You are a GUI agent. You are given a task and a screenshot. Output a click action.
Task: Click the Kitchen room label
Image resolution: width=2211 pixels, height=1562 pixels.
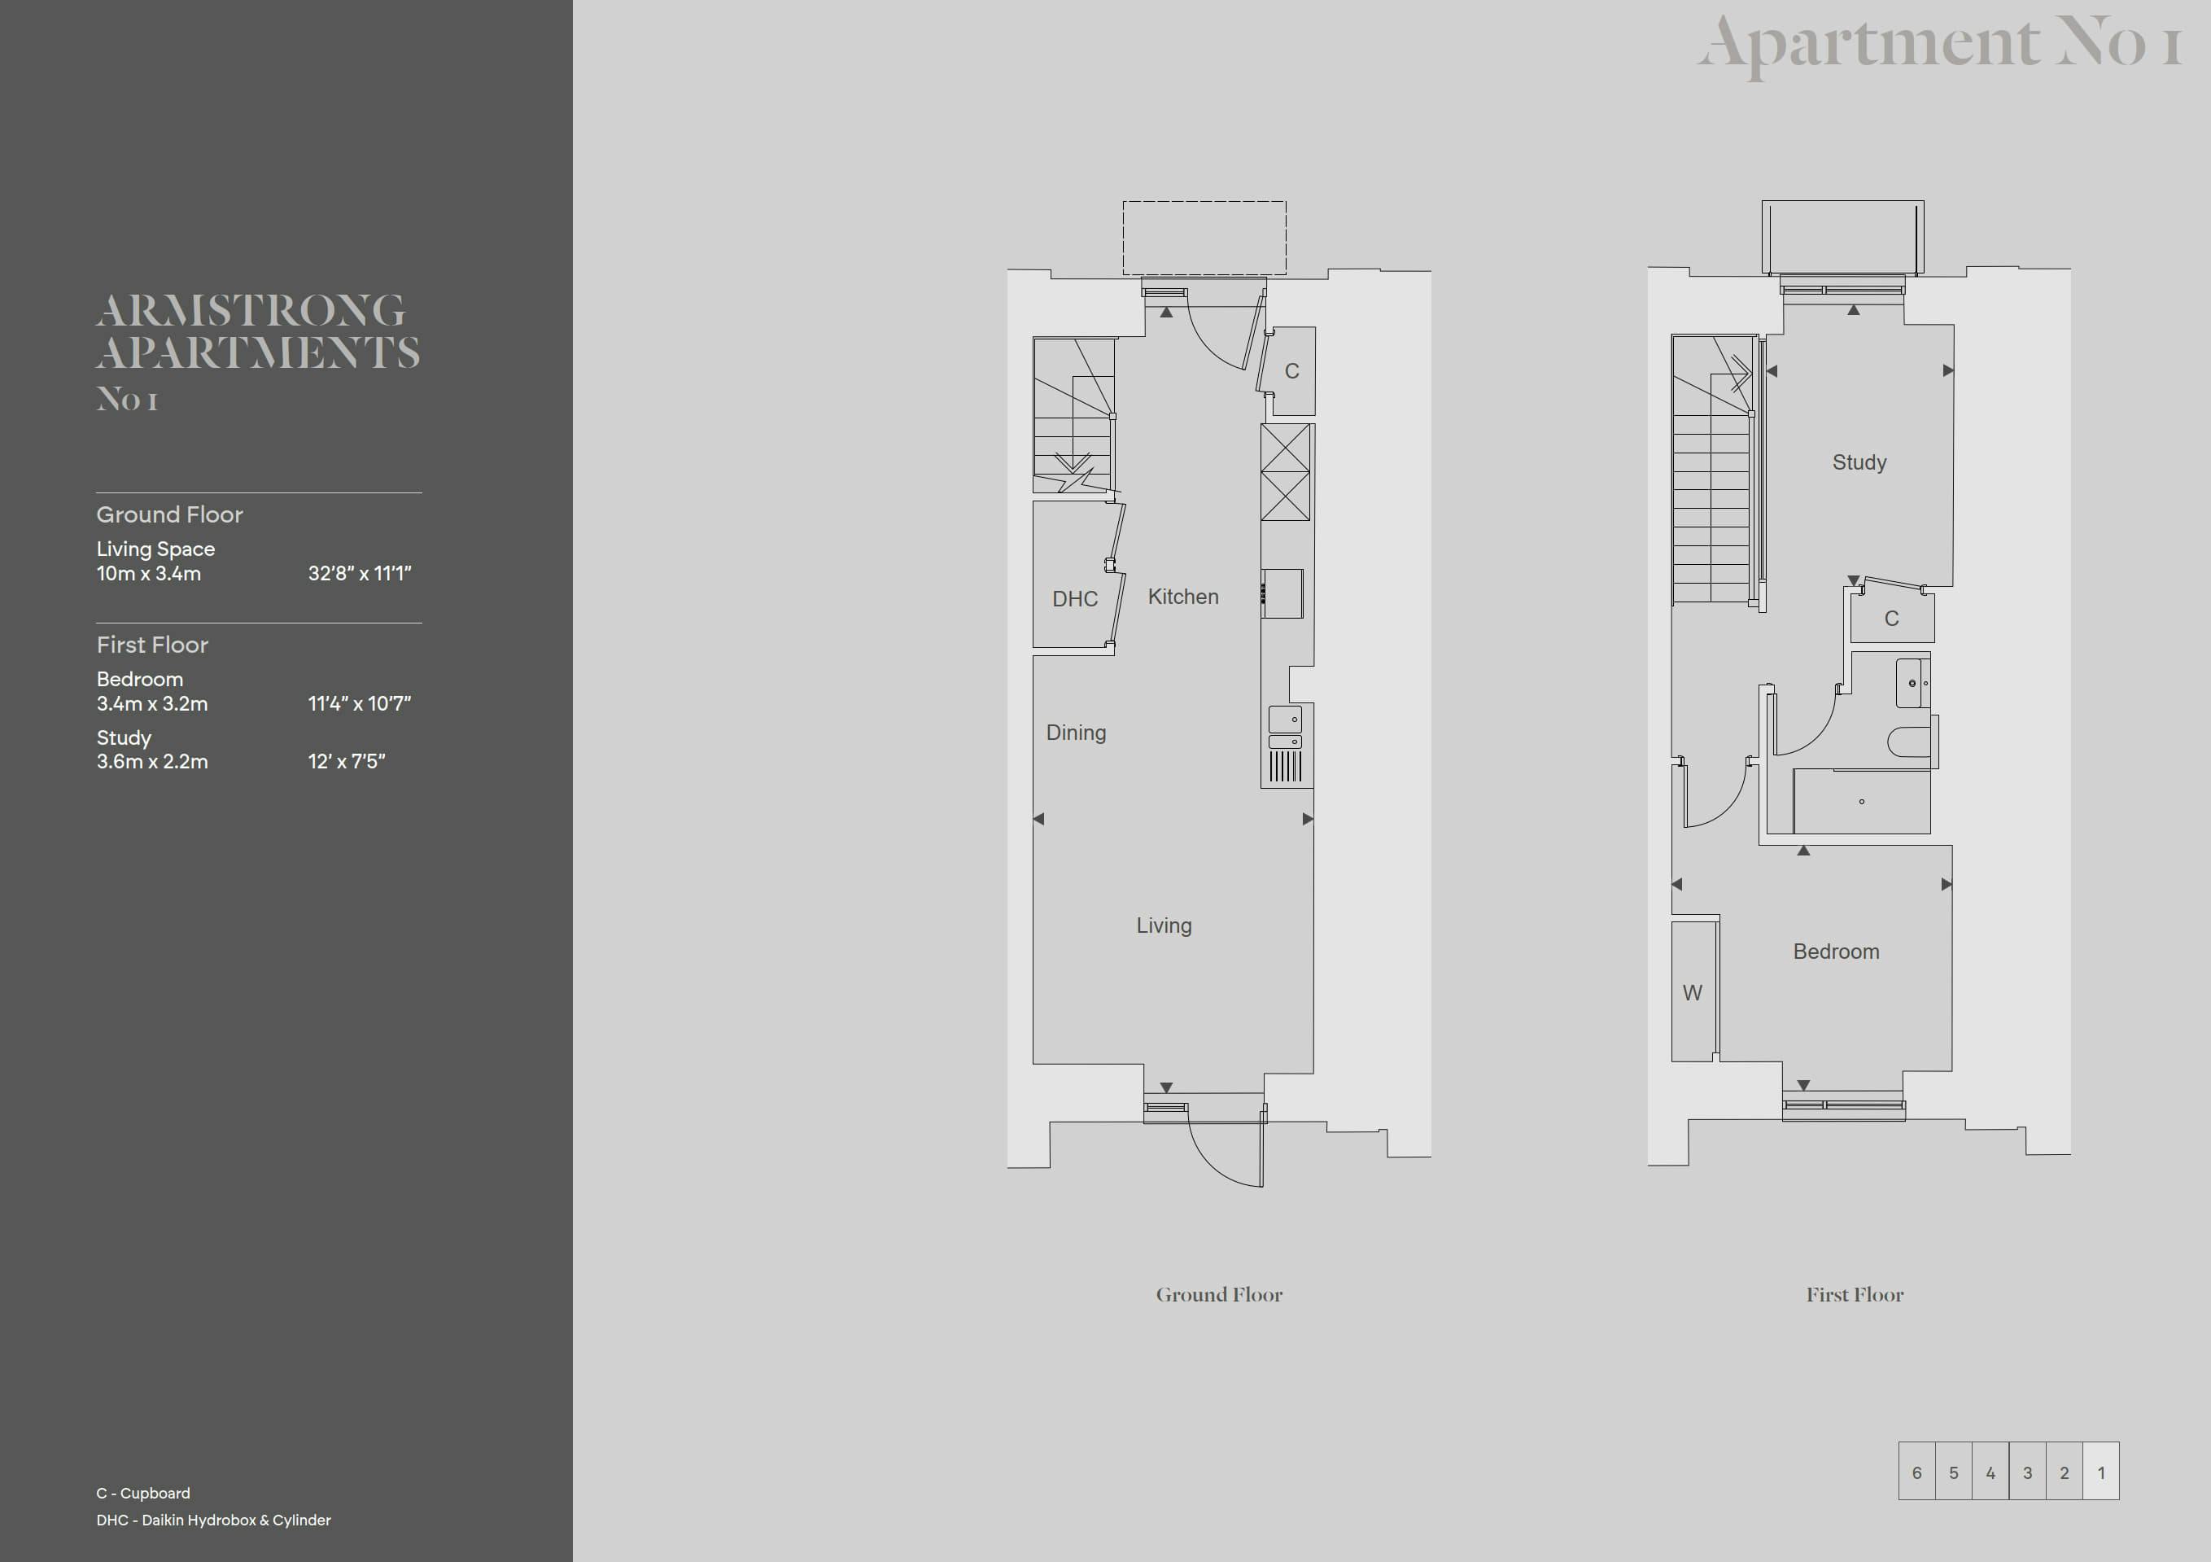1182,597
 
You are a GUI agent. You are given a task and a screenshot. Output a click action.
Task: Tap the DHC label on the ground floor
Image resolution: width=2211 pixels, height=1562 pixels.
1075,599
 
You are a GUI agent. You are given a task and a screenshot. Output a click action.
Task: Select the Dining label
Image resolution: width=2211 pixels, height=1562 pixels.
1076,733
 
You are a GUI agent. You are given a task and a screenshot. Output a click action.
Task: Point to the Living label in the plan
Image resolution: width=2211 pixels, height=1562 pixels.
1164,925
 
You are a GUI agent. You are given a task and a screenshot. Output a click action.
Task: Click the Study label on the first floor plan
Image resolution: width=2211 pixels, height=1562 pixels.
1859,462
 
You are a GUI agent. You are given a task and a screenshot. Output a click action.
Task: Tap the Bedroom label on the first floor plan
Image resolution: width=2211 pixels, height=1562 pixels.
1835,952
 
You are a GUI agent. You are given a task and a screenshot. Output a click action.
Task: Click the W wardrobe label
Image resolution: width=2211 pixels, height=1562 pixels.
1692,993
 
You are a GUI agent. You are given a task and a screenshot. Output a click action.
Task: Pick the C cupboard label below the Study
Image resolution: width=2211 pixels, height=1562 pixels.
1891,619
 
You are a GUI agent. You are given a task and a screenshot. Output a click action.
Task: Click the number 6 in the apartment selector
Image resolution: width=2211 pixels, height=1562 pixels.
1916,1472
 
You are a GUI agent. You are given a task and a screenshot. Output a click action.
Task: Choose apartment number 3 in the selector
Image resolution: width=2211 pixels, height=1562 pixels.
2027,1472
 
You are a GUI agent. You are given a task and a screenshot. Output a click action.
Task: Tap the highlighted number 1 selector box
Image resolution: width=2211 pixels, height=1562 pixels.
2101,1472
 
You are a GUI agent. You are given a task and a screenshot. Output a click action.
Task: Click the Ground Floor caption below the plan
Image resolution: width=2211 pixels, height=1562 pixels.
1219,1294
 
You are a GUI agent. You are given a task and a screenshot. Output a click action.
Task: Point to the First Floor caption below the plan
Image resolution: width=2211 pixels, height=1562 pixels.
1855,1294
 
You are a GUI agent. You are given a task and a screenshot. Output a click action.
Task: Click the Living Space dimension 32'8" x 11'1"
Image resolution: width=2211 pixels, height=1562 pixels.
359,573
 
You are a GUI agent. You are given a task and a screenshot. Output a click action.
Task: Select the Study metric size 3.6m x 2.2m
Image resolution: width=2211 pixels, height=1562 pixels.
152,761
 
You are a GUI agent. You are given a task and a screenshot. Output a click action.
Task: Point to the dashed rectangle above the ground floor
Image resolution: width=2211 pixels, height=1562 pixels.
1204,201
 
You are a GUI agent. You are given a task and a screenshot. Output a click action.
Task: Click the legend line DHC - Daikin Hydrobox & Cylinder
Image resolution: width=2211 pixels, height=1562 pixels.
214,1520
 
